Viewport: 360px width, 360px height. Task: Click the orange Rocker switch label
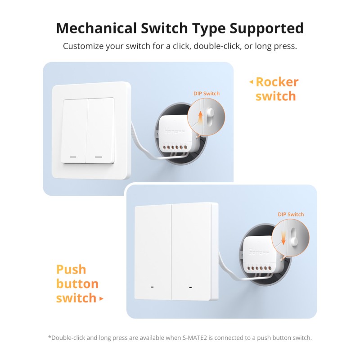276,89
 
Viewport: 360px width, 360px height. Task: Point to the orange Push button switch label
77,284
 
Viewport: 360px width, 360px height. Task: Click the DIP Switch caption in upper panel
207,94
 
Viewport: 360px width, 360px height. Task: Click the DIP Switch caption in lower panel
291,214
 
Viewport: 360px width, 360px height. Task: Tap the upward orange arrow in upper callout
200,118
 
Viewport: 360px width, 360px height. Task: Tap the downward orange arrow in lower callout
283,236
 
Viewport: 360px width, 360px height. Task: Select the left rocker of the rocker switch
75,130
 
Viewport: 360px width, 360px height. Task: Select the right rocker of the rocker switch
101,130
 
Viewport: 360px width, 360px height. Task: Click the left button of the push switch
153,252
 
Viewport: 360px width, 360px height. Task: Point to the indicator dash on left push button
152,287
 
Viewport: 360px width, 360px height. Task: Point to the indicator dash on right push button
190,287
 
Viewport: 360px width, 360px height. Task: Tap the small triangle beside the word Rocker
251,82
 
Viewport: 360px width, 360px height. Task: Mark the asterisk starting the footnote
49,337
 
